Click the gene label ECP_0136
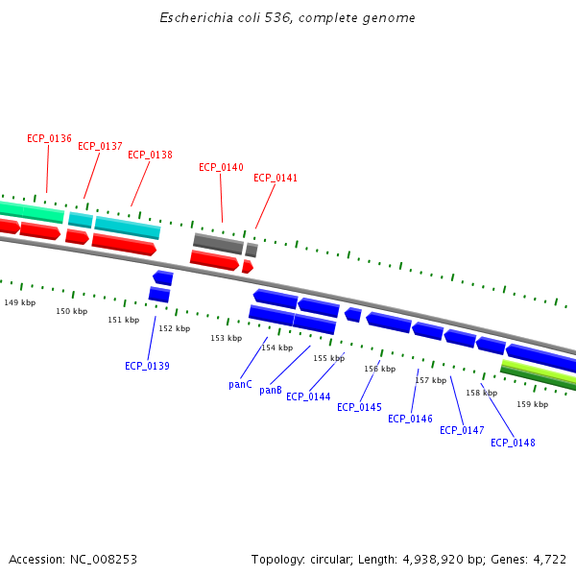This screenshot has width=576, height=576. [49, 138]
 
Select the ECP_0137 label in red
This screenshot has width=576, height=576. [100, 146]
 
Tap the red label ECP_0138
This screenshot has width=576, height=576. [150, 155]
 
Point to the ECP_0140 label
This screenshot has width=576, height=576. [221, 167]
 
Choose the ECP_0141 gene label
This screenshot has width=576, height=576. [276, 178]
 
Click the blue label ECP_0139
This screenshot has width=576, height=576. [147, 366]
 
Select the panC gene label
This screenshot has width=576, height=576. [240, 385]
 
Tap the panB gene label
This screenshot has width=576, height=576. [271, 390]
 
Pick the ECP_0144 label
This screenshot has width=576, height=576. [308, 396]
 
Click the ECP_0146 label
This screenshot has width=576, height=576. [410, 419]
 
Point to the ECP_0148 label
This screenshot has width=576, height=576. [513, 443]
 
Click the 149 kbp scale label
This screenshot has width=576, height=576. [19, 302]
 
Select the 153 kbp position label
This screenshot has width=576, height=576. [226, 338]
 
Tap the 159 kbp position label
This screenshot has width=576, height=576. [532, 404]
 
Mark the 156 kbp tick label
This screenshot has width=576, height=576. [379, 369]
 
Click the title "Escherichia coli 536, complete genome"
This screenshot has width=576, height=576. [287, 18]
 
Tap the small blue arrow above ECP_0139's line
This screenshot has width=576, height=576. [162, 277]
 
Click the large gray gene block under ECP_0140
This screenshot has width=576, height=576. [218, 243]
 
